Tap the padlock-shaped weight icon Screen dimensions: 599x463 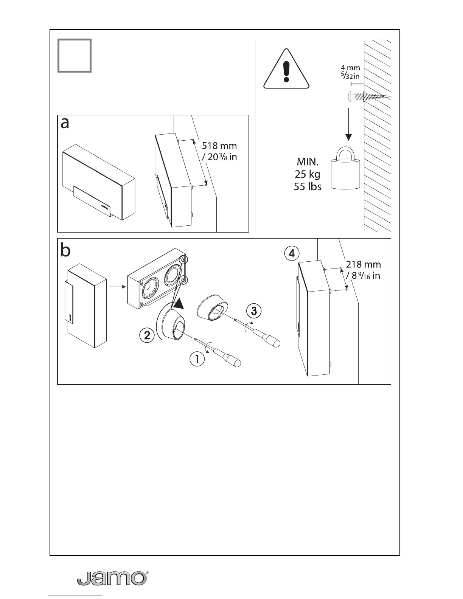click(345, 169)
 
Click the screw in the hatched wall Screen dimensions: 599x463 click(367, 97)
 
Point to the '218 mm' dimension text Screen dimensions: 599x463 click(364, 264)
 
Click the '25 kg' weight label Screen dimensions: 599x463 click(307, 174)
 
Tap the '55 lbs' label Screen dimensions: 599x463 click(308, 186)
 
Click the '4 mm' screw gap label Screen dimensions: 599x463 click(350, 68)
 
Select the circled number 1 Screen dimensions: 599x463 click(197, 358)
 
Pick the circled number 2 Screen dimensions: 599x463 click(147, 335)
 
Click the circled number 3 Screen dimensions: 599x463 click(254, 311)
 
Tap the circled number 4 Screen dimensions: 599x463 click(292, 253)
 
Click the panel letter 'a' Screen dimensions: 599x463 click(65, 123)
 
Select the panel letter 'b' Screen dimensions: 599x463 click(65, 251)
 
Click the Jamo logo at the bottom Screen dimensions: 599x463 click(112, 578)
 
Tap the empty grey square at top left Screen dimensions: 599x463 click(75, 56)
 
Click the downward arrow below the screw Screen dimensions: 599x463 click(348, 124)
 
